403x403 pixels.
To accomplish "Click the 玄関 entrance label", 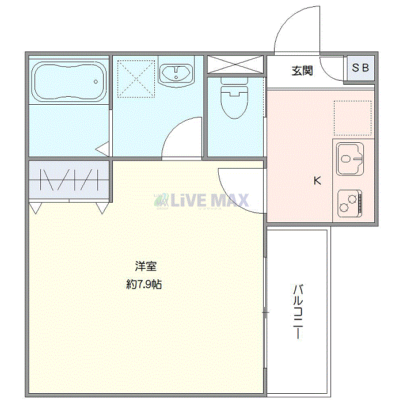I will point(302,71).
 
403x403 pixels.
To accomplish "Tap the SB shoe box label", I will point(360,68).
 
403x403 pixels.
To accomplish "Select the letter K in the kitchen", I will point(317,181).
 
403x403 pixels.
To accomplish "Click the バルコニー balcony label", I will point(298,310).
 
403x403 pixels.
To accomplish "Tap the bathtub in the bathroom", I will point(69,81).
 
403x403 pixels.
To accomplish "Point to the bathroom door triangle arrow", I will point(103,149).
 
